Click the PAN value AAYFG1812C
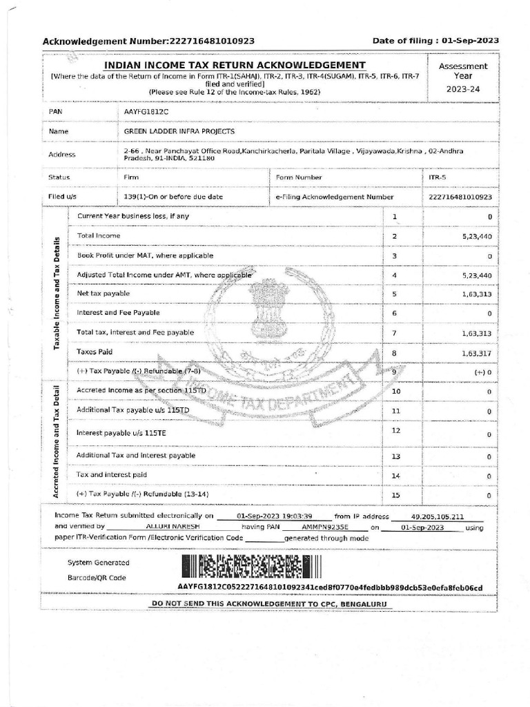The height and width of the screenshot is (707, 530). coord(146,111)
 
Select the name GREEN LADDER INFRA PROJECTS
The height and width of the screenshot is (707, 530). coord(179,131)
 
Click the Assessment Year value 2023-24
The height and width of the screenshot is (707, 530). coord(467,90)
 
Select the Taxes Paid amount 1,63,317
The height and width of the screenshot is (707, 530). coord(477,353)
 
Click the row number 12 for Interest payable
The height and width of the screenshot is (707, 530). coord(395,431)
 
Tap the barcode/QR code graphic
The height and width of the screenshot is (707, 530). coord(251,567)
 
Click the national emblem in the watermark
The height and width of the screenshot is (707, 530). coord(269,310)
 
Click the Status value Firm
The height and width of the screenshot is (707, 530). coord(131,177)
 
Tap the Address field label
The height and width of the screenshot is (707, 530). coord(62,155)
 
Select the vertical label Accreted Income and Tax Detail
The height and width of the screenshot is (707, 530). coord(55,439)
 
